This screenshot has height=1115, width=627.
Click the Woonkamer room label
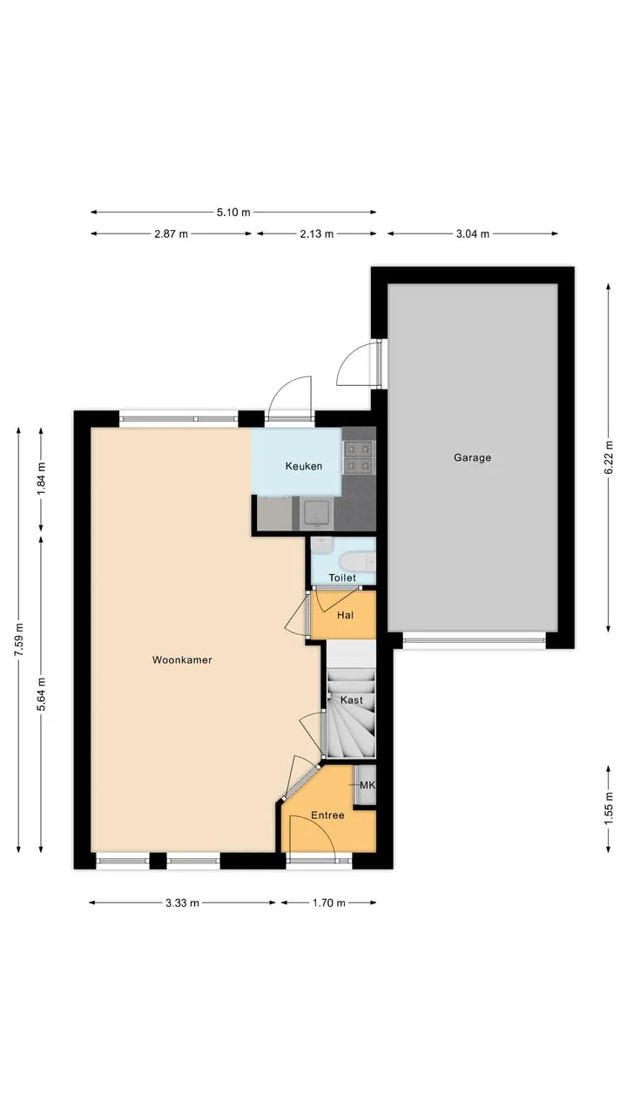(x=182, y=660)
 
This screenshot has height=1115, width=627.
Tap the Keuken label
(x=304, y=466)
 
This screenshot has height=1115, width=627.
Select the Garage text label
(x=472, y=457)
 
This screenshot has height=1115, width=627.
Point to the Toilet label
(x=342, y=578)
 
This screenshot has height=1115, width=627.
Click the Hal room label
(x=346, y=615)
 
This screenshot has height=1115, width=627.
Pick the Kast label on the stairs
(x=351, y=699)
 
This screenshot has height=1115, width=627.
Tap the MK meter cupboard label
(x=367, y=786)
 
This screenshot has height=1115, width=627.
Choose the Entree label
(x=327, y=815)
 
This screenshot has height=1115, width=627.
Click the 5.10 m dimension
(x=233, y=213)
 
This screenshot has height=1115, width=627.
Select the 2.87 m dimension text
(x=172, y=234)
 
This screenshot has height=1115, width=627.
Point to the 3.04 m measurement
(x=473, y=234)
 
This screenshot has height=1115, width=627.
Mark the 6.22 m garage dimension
(x=609, y=457)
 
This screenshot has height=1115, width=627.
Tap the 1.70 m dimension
(x=328, y=903)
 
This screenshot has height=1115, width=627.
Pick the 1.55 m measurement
(x=609, y=808)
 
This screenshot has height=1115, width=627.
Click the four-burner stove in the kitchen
(x=359, y=457)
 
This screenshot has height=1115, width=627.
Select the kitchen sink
(x=316, y=514)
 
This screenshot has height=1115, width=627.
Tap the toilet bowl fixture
(x=357, y=563)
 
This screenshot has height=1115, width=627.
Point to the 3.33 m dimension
(x=182, y=903)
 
